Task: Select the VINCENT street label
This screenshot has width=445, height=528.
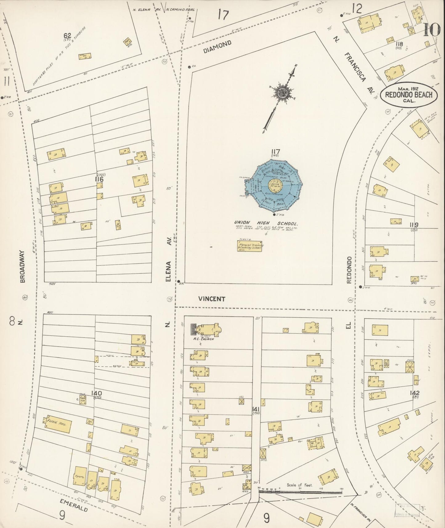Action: click(212, 299)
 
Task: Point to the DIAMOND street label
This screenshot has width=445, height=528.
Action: click(217, 48)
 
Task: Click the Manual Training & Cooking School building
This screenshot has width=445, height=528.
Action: click(250, 246)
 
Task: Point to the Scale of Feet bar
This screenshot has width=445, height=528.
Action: click(300, 493)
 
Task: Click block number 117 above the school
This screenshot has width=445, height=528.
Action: click(275, 152)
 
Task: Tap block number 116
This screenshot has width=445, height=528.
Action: click(99, 179)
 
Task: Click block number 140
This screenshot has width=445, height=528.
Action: click(96, 393)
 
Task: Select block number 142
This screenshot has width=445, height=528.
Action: click(415, 393)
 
